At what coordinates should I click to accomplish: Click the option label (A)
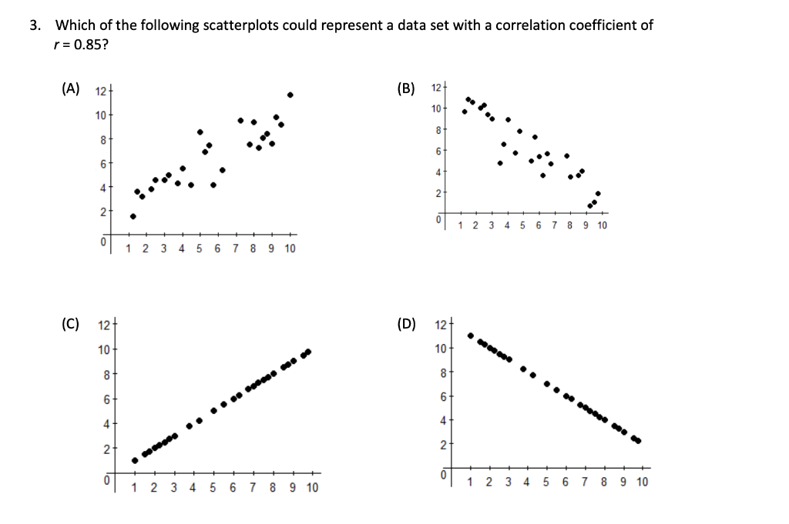click(x=70, y=88)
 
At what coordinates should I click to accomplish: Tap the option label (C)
click(x=70, y=323)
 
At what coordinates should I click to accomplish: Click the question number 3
click(x=33, y=25)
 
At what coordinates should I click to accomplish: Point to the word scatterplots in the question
click(x=240, y=25)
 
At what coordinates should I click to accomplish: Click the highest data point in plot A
click(x=290, y=95)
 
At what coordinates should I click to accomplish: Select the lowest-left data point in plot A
click(x=133, y=216)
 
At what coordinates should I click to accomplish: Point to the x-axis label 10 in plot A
click(x=290, y=249)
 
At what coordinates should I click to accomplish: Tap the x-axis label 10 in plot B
click(x=602, y=225)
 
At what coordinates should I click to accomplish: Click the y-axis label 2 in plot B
click(x=438, y=193)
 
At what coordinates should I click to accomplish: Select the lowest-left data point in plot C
click(x=135, y=460)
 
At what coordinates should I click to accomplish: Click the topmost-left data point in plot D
click(x=471, y=335)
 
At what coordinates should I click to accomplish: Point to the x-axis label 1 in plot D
click(x=471, y=482)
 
